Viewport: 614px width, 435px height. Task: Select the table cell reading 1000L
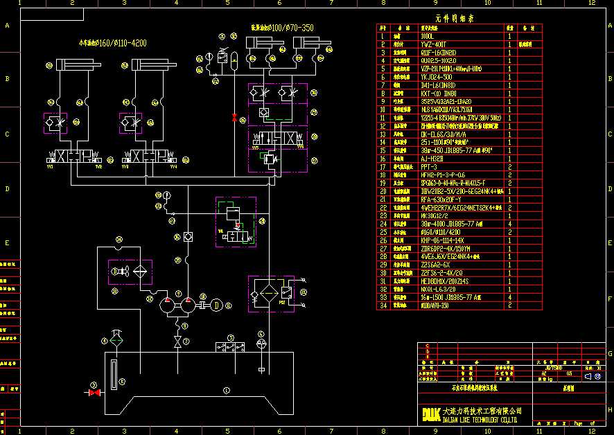click(428, 35)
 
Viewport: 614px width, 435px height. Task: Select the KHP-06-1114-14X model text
click(441, 240)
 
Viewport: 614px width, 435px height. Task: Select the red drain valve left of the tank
click(94, 393)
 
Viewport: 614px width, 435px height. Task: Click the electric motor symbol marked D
click(216, 303)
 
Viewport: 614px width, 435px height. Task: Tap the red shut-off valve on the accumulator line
click(234, 117)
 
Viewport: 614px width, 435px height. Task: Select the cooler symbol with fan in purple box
click(130, 272)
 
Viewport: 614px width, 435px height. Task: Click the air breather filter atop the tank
click(116, 339)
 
